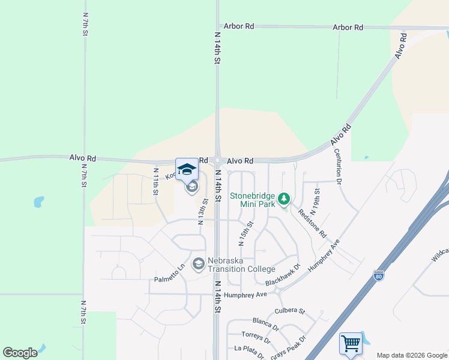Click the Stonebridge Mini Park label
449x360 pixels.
pos(253,200)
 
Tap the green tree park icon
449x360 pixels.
pos(284,198)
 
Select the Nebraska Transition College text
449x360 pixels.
pos(241,265)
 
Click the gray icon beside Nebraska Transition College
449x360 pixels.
pos(198,264)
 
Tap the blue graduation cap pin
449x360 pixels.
pos(187,170)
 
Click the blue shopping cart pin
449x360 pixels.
pos(351,344)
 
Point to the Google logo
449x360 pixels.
pos(20,352)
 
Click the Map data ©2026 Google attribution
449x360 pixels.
pos(412,355)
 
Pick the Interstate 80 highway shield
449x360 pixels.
pos(378,275)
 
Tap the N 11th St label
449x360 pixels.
pos(154,182)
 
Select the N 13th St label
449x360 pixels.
pos(202,211)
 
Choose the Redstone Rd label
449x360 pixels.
pos(312,224)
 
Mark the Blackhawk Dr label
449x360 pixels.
pos(282,277)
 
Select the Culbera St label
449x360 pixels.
pos(290,311)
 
